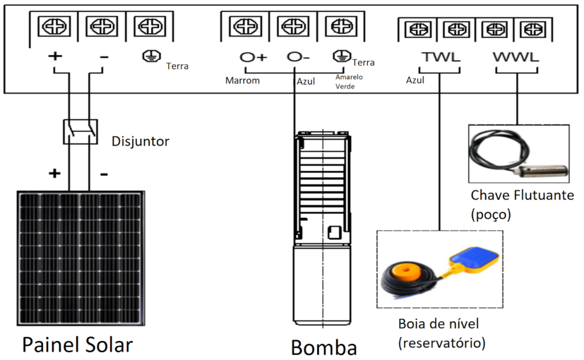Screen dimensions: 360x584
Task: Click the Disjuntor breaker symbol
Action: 79,131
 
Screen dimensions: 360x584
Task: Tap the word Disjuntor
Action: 140,141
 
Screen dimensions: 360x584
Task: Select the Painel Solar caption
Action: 77,345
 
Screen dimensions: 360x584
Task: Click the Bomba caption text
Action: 324,347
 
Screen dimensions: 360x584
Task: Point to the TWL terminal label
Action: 441,58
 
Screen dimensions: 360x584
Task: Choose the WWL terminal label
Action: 516,58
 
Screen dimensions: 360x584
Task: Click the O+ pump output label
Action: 253,57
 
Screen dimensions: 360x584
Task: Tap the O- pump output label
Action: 298,57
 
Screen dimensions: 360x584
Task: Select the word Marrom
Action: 242,80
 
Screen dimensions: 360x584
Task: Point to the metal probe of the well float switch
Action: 544,170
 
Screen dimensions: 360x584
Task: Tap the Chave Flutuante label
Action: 522,195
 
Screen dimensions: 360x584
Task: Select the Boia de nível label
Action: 439,324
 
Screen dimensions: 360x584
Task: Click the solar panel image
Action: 80,258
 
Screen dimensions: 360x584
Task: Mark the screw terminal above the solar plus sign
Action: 54,26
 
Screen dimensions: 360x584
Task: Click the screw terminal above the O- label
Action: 293,26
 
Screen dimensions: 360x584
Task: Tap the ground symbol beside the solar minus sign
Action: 149,56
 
